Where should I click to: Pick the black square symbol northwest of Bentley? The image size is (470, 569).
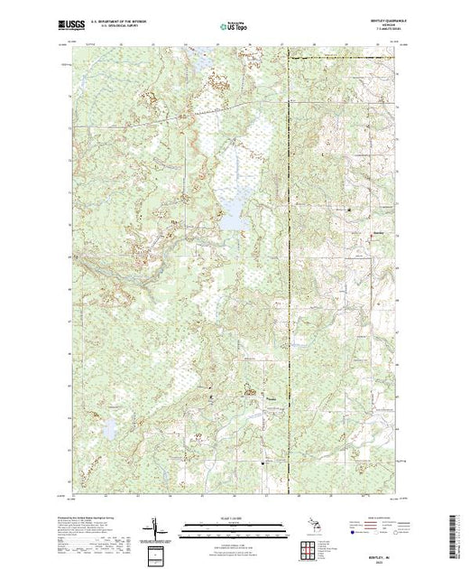click(x=349, y=210)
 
